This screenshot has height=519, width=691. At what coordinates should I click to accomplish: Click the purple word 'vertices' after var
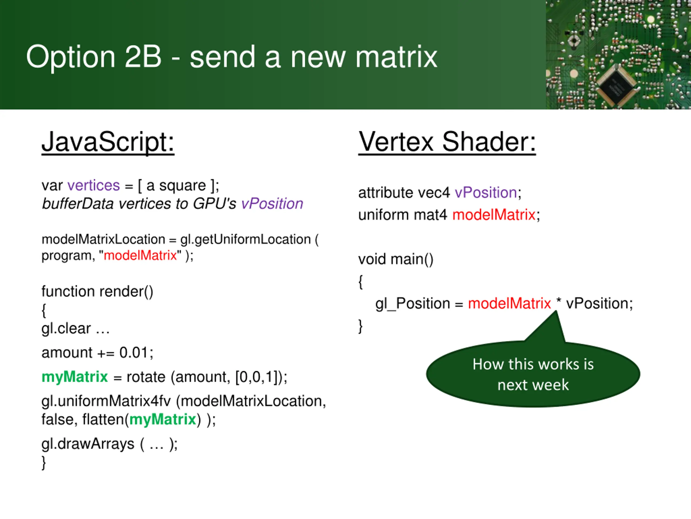pos(93,185)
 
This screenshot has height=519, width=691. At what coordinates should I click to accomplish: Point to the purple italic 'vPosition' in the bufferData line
pos(272,204)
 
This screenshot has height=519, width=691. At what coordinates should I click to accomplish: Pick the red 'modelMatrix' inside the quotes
pos(140,256)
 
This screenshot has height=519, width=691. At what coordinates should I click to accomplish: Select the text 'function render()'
pos(97,292)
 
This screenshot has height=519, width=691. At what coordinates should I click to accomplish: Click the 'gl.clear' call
pos(66,328)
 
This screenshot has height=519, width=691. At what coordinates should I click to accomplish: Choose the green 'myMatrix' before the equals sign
pos(75,377)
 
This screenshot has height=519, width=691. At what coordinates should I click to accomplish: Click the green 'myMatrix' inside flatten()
pos(162,420)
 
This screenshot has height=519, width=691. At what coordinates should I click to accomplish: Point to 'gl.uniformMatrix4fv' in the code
pos(106,401)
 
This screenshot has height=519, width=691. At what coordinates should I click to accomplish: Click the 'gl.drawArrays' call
pos(88,444)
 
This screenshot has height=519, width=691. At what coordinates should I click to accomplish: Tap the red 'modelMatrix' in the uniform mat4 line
pos(494,215)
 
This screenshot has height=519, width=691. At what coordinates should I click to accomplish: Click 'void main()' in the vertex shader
pos(395,259)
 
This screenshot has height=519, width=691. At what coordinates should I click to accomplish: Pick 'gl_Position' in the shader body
pos(412,304)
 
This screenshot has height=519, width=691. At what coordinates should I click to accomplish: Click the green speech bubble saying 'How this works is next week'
pos(533,374)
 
